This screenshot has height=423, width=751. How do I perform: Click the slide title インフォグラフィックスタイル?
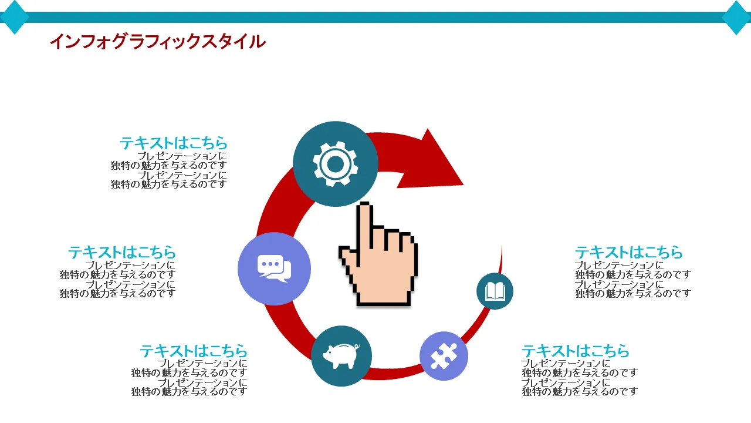coord(157,42)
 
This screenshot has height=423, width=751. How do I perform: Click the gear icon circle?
coord(335,164)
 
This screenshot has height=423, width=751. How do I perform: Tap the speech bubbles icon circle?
coord(274,268)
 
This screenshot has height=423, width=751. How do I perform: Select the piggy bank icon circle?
coord(341,356)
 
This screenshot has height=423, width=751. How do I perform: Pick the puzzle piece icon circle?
coord(444,356)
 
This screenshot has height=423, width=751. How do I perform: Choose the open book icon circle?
coord(495,291)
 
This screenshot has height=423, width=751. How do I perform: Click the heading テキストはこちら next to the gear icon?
coord(174,143)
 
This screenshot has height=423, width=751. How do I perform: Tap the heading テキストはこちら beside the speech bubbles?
coord(122,252)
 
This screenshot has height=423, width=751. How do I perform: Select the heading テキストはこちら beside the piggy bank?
coord(194,351)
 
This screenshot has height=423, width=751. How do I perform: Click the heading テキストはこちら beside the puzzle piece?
coord(575,351)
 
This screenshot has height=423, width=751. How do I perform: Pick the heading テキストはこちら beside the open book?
coord(628,252)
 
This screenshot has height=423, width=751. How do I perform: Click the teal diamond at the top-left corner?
coord(14,17)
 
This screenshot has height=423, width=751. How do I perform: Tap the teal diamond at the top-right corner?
coord(737,17)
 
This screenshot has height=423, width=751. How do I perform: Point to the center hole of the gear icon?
coord(335,164)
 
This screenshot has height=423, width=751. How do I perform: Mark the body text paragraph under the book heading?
coord(633,280)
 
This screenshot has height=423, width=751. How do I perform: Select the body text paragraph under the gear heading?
coord(169,170)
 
